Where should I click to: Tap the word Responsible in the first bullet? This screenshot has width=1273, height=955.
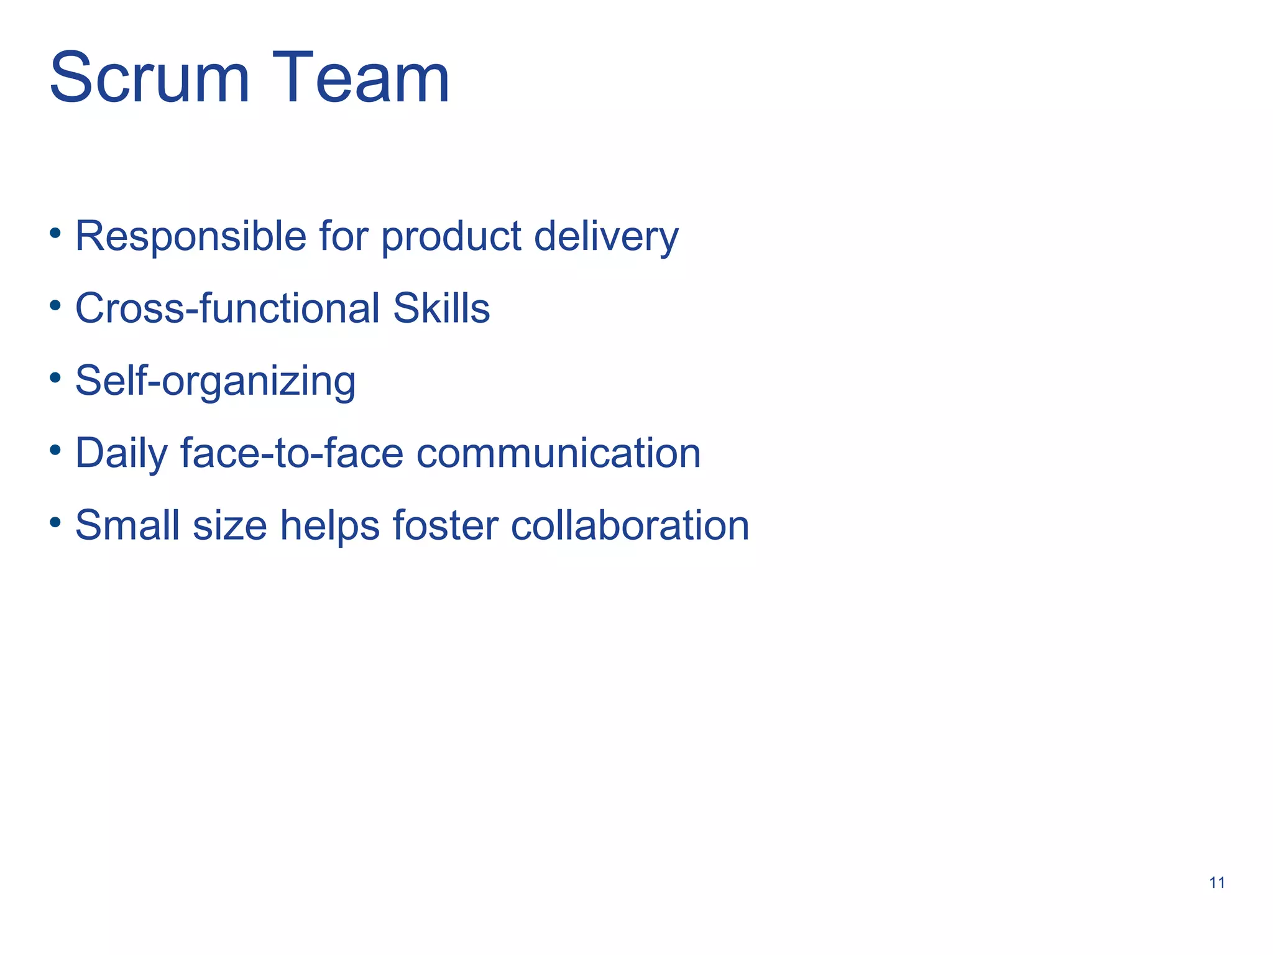pos(191,236)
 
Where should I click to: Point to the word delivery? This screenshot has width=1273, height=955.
pos(606,236)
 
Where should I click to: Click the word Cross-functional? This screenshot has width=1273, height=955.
pos(227,308)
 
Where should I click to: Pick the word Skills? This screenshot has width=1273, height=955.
pos(441,308)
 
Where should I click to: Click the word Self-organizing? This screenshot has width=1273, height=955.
pos(215,381)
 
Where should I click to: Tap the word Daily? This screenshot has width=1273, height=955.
pos(121,453)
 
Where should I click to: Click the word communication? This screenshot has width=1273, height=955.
pos(558,453)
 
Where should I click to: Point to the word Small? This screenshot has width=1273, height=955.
pos(127,525)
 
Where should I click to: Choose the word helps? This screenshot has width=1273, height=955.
pos(329,525)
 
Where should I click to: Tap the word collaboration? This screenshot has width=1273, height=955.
pos(630,525)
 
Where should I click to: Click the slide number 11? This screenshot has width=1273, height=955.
pos(1217,882)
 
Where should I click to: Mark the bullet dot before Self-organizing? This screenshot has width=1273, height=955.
pos(55,377)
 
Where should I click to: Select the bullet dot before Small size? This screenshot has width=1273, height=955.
pos(55,522)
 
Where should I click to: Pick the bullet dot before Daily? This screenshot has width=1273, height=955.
pos(55,450)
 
